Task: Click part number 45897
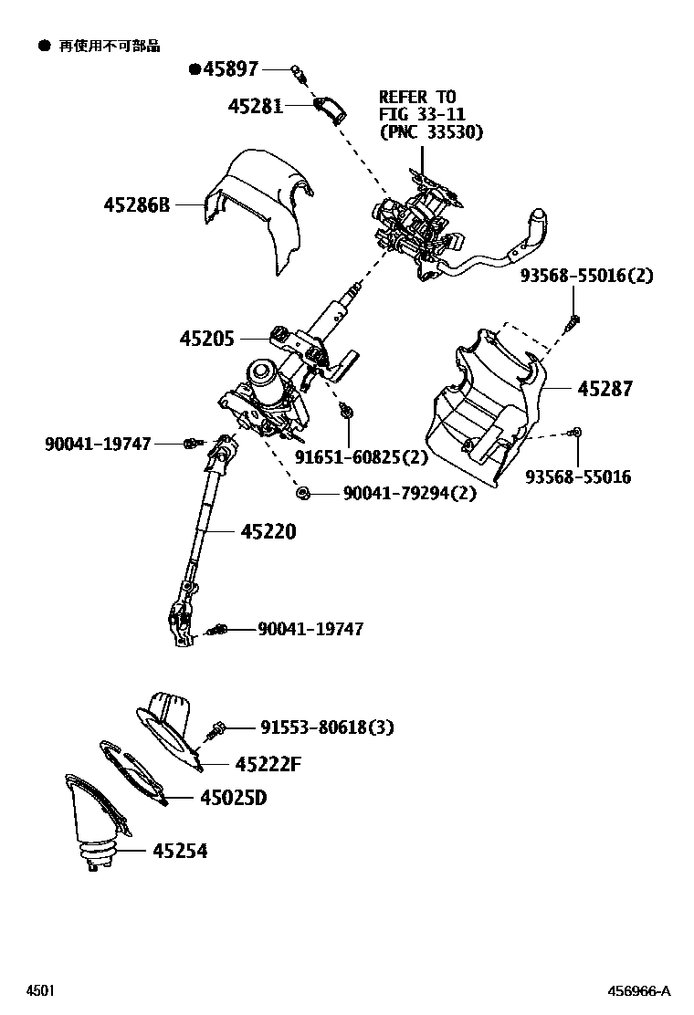pos(230,68)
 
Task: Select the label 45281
pos(256,106)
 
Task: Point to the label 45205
pos(207,339)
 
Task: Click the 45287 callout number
pos(605,389)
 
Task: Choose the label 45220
pos(268,531)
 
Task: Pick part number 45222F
pos(268,764)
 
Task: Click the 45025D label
pos(234,798)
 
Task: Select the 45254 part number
pos(180,851)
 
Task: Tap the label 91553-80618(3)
pos(327,727)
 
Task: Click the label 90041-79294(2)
pos(409,494)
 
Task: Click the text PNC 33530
pos(431,131)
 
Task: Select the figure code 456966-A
pos(640,991)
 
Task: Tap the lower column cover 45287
pos(484,402)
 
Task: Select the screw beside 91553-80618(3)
pos(217,728)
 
